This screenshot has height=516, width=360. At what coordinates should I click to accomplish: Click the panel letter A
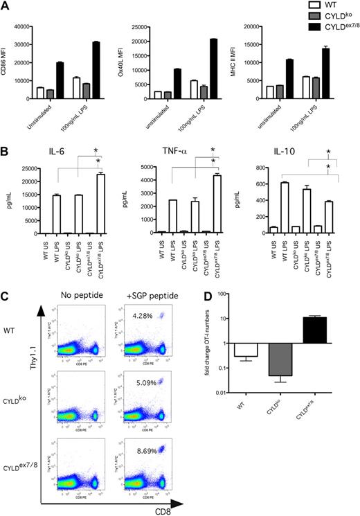pos(6,6)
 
